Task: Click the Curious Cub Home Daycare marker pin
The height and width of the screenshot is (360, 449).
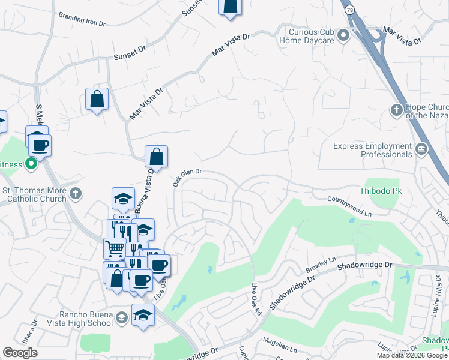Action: pyautogui.click(x=343, y=36)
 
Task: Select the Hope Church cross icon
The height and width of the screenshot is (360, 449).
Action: pyautogui.click(x=396, y=110)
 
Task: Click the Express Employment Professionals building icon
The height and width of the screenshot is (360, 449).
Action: pyautogui.click(x=421, y=148)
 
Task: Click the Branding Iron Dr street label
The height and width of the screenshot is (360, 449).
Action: pyautogui.click(x=82, y=20)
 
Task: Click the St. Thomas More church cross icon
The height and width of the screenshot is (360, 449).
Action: pyautogui.click(x=74, y=193)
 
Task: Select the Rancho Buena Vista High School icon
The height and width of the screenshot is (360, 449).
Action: pyautogui.click(x=121, y=317)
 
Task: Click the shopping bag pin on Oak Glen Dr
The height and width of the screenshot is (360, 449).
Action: pyautogui.click(x=156, y=157)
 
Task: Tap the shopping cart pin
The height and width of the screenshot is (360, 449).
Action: pyautogui.click(x=115, y=247)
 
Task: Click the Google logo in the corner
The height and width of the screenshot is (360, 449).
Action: pyautogui.click(x=20, y=353)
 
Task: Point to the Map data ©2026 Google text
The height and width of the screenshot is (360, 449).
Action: pyautogui.click(x=412, y=355)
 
